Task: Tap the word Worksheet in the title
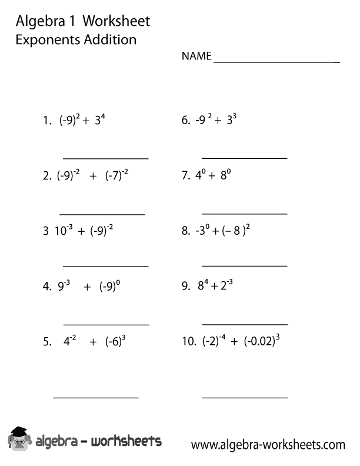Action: (x=116, y=21)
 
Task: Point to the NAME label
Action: (x=196, y=56)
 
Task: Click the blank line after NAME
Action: (x=276, y=61)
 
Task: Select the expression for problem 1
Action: (x=82, y=121)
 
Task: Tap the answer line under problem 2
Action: (x=102, y=214)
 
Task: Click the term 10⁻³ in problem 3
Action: (x=64, y=231)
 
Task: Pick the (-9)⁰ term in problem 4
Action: (x=110, y=288)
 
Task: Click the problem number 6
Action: (x=185, y=121)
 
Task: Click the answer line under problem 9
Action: (x=245, y=324)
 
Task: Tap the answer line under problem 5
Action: (x=96, y=398)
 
